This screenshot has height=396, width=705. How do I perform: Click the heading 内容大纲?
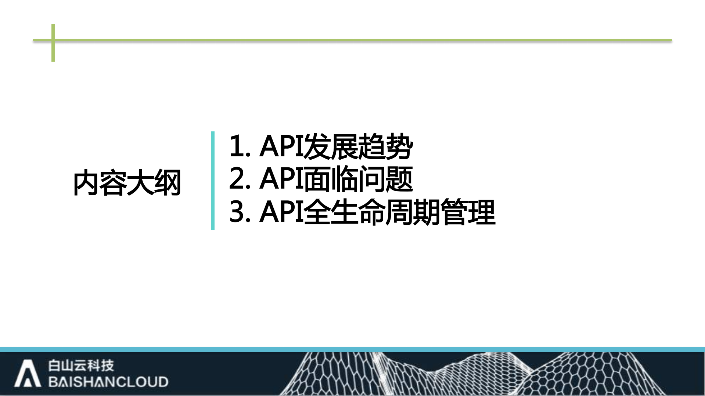click(127, 183)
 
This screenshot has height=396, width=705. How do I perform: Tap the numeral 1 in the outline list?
click(237, 146)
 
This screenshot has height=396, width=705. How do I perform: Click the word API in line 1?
click(281, 146)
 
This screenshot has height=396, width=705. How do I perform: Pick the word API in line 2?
click(281, 179)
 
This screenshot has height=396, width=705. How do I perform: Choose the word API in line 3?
click(281, 212)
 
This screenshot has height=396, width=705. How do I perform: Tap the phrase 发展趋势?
click(359, 146)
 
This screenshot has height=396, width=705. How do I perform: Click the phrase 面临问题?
click(359, 179)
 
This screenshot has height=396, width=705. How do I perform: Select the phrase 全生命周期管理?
click(400, 212)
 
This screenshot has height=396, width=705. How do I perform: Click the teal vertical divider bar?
click(213, 181)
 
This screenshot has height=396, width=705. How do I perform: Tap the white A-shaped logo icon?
click(27, 374)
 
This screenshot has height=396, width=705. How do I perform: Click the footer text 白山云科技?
click(81, 366)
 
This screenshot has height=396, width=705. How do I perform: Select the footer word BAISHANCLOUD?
click(108, 382)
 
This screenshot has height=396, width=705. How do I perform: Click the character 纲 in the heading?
click(168, 183)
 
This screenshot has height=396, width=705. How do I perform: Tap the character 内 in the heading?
click(86, 183)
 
